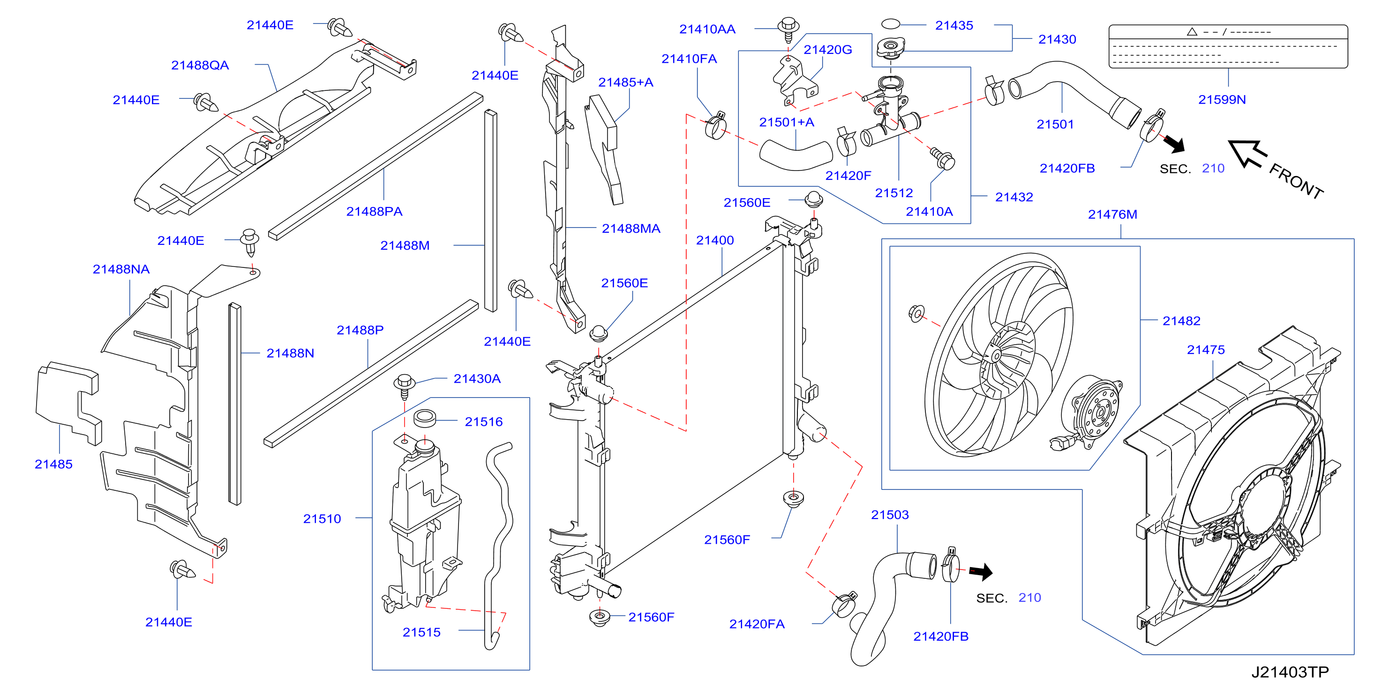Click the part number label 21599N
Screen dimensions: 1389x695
tap(1222, 100)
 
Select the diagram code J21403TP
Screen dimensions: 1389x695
tap(1290, 673)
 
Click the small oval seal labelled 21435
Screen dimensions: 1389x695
tap(890, 24)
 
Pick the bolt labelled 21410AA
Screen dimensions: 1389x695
tap(788, 30)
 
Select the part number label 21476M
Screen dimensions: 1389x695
tap(1112, 214)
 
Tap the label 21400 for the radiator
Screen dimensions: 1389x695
tap(714, 240)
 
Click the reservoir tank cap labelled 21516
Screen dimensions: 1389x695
tap(424, 418)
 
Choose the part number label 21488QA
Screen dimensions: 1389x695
tap(200, 65)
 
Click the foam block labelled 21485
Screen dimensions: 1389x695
tap(68, 402)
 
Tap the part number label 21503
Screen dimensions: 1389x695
tap(890, 515)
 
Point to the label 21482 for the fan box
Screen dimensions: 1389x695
tap(1181, 321)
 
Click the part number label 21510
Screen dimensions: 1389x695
tap(322, 519)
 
